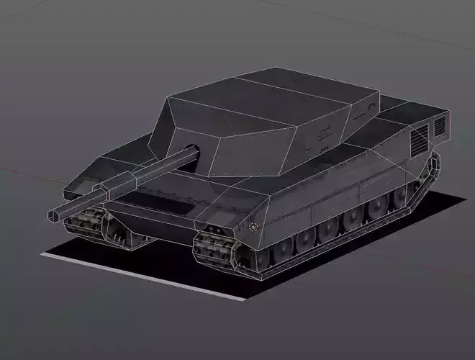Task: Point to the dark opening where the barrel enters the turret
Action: (x=193, y=150)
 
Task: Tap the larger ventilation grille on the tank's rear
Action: (x=419, y=139)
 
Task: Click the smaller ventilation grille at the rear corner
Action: (x=439, y=127)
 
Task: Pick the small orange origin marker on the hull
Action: (x=253, y=227)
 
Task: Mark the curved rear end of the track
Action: (x=433, y=173)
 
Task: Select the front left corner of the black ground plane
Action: (x=45, y=254)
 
